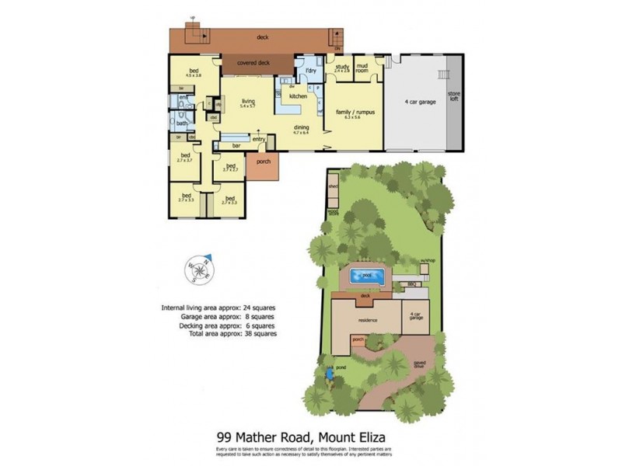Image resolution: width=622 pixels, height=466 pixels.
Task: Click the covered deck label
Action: point(253,63)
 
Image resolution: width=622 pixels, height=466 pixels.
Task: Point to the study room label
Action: point(342,68)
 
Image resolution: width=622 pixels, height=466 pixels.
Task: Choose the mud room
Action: point(362,68)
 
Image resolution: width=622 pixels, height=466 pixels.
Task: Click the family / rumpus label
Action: point(355,113)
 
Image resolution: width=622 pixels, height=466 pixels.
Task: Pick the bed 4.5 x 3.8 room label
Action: point(194,74)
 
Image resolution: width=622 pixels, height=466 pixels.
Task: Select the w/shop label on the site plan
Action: point(426,259)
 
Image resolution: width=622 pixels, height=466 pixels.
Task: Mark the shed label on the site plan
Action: point(333,187)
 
